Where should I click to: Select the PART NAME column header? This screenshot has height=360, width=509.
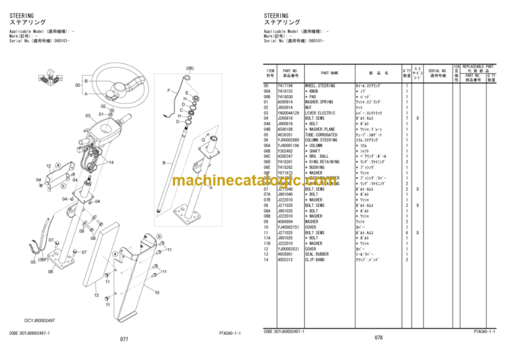329,73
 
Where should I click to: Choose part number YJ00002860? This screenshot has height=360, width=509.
290,141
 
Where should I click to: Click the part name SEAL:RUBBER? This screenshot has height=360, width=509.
316,255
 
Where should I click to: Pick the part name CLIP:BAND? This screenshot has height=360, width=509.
315,260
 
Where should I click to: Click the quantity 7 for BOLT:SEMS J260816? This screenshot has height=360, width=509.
406,119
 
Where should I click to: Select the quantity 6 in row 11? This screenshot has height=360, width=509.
406,233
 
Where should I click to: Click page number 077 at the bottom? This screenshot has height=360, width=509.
124,339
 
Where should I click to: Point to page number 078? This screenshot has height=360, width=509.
378,339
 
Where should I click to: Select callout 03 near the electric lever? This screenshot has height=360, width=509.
87,115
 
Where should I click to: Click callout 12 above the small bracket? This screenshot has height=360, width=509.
48,166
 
